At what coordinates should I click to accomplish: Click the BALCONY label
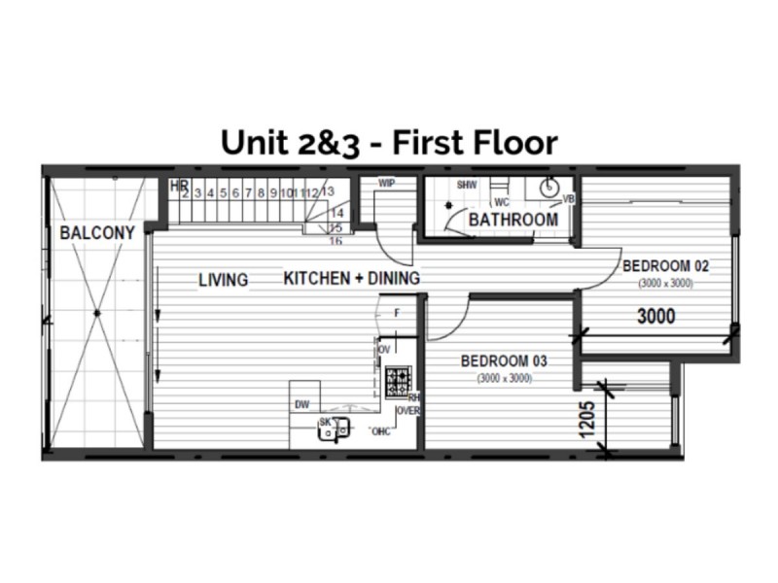tap(96, 233)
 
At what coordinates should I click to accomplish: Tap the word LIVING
tap(224, 280)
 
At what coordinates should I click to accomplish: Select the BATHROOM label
tap(513, 220)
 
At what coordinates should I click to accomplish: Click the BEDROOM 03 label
tap(503, 360)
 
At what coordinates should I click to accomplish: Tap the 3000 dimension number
tap(656, 316)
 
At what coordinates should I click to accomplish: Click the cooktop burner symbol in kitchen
tap(398, 381)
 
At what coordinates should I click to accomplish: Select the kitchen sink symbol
tap(332, 429)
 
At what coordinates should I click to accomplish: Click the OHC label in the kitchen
tap(381, 431)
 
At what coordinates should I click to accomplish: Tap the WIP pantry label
tap(386, 183)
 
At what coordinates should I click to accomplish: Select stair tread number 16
tap(336, 240)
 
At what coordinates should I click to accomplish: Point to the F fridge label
tap(396, 313)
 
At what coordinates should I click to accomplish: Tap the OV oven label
tap(384, 348)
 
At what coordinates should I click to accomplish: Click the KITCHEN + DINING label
tap(351, 279)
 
